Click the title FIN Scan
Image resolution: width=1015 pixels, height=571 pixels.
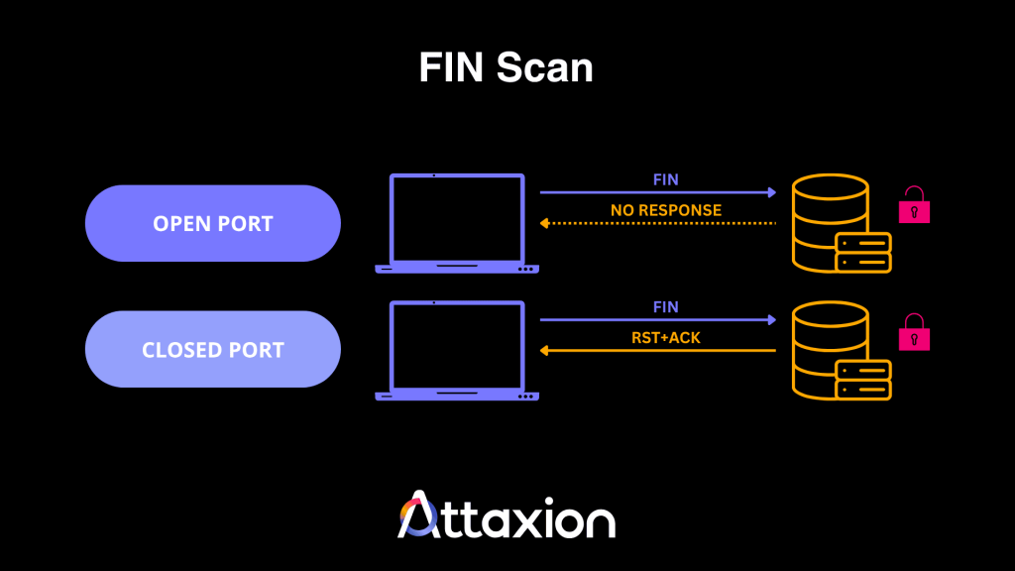pos(506,67)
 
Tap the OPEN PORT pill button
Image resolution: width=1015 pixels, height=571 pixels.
pos(212,223)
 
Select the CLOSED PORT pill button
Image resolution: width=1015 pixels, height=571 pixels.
pos(212,349)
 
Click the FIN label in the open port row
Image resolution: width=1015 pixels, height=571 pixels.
pos(665,180)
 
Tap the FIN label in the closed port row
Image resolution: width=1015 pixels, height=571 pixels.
pos(665,307)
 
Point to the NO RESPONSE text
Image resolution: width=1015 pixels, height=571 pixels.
pos(665,210)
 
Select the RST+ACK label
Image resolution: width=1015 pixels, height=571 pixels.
pos(665,336)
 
